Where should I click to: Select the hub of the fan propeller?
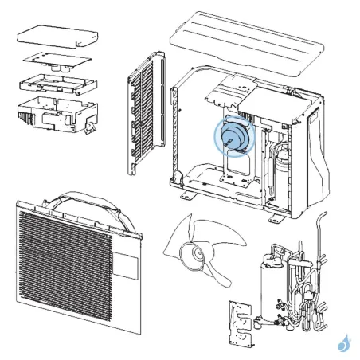pyautogui.click(x=193, y=255)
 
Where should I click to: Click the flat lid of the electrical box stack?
pyautogui.click(x=58, y=35)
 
